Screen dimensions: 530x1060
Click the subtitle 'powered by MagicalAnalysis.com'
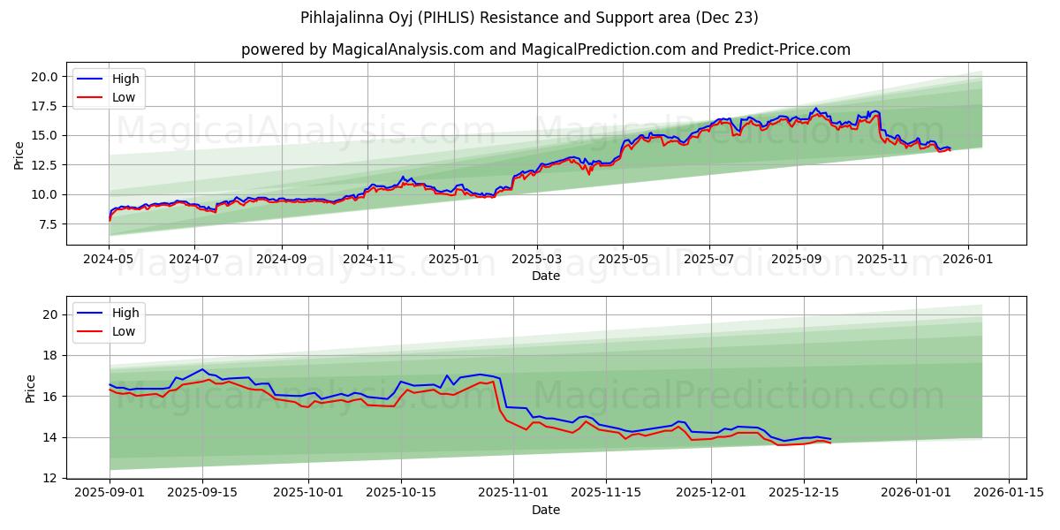tap(545, 49)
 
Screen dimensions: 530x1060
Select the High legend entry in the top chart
tap(125, 79)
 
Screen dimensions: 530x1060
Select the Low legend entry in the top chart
tap(124, 97)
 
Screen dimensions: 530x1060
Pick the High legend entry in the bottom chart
tap(125, 313)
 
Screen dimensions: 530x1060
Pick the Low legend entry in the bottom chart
tap(124, 331)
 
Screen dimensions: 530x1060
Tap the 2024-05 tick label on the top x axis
tap(109, 260)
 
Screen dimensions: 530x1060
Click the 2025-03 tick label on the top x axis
tap(537, 260)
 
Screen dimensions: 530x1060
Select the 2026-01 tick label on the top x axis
tap(967, 260)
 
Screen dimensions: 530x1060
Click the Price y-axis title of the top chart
tap(19, 154)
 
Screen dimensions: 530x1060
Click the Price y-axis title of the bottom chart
tap(31, 387)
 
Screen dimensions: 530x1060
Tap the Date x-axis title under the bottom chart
tap(545, 510)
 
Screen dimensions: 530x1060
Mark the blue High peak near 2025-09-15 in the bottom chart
tap(202, 369)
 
